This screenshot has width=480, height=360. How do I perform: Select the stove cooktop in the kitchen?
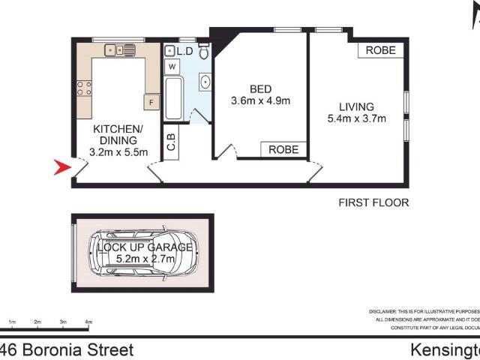84,88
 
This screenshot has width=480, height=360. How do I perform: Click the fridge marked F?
151,101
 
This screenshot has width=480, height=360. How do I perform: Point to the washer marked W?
172,67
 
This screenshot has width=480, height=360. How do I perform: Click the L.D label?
184,51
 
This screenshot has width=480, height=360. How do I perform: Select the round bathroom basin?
202,82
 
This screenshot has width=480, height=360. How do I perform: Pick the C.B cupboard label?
172,142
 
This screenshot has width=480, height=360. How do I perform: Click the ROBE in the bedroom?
283,150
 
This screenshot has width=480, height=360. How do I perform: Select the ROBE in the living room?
382,50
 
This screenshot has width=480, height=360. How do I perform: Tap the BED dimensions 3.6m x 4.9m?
259,100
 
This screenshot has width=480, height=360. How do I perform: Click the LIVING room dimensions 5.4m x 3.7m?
356,118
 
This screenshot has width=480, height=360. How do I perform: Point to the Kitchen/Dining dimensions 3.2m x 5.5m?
118,152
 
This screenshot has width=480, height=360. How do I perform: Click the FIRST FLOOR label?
373,202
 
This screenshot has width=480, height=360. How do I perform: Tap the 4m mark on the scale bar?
88,322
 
